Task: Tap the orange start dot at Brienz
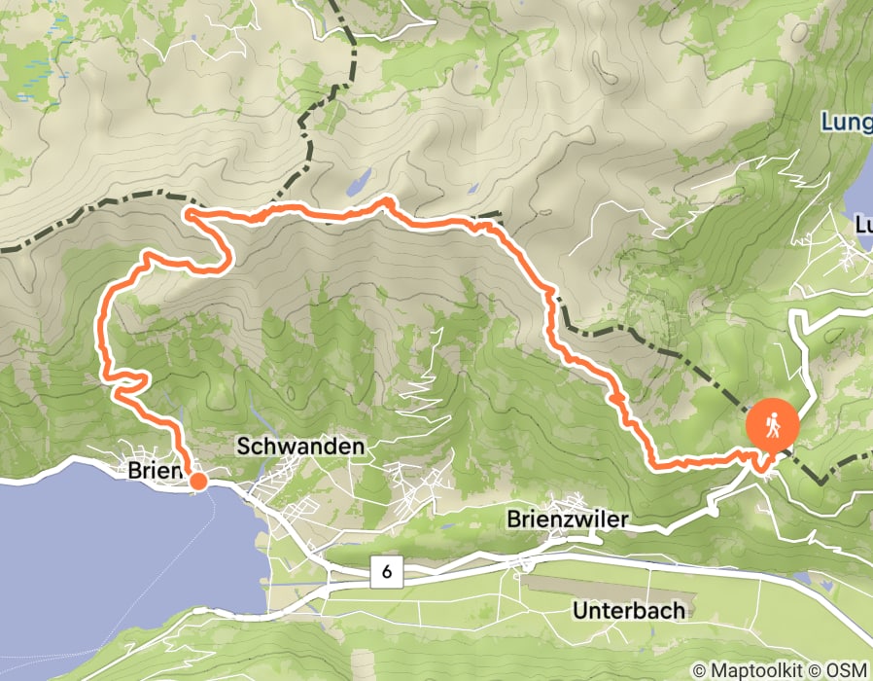coord(197,480)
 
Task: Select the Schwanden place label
coord(301,447)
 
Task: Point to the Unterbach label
coord(629,611)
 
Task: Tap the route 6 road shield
coord(386,573)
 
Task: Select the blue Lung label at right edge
coord(846,124)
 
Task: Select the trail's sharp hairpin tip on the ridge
coord(188,212)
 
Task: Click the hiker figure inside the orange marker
coord(773,425)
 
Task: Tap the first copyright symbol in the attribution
coord(698,669)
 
